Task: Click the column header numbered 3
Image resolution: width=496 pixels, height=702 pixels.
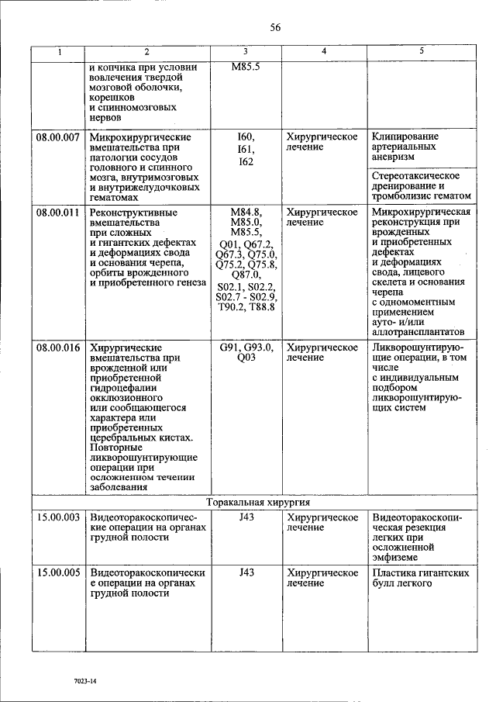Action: pyautogui.click(x=245, y=52)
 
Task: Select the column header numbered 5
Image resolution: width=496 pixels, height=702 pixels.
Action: pyautogui.click(x=421, y=52)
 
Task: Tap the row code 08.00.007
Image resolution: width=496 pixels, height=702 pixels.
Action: pyautogui.click(x=59, y=137)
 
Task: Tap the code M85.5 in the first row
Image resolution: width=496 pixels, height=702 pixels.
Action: pyautogui.click(x=246, y=67)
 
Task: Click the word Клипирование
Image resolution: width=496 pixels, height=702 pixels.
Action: pyautogui.click(x=405, y=137)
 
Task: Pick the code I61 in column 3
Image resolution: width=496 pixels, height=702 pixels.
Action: pyautogui.click(x=246, y=150)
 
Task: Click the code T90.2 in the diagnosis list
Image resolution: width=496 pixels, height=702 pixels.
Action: pyautogui.click(x=230, y=308)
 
